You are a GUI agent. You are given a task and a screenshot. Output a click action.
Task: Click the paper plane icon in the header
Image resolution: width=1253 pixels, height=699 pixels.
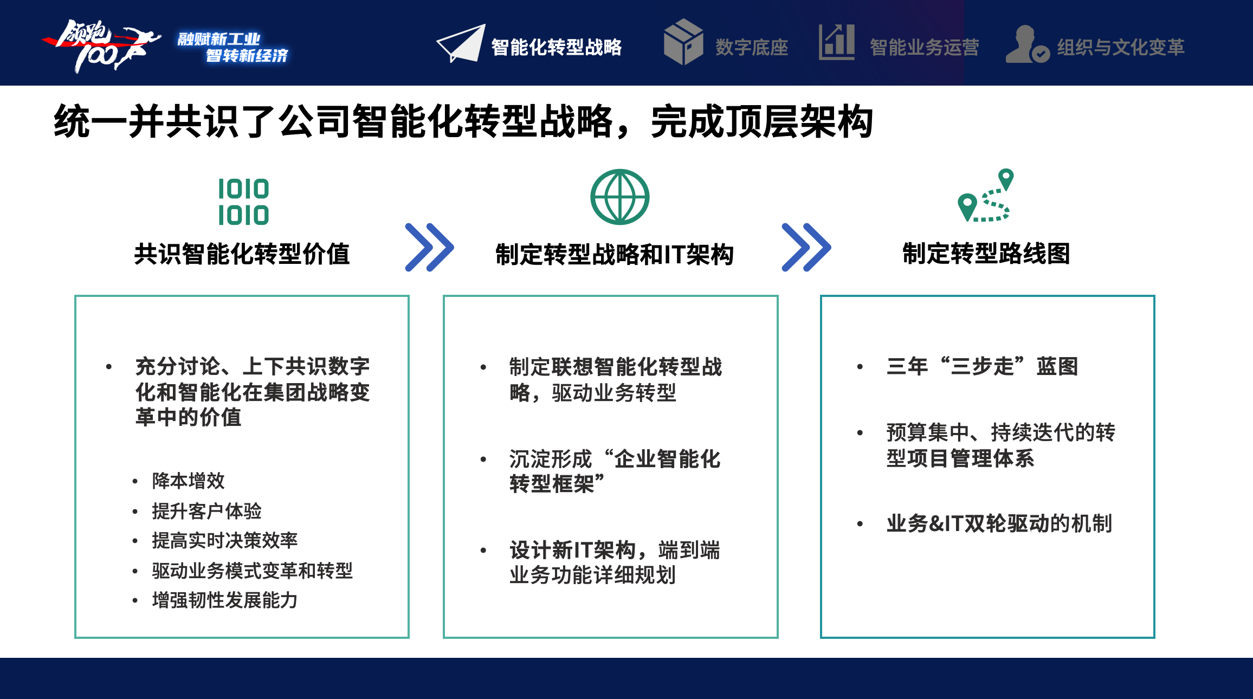click(x=461, y=43)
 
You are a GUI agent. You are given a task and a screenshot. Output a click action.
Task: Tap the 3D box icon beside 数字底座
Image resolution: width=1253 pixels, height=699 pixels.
click(x=683, y=42)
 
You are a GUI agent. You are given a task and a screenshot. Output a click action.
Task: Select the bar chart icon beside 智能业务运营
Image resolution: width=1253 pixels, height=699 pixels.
click(x=837, y=42)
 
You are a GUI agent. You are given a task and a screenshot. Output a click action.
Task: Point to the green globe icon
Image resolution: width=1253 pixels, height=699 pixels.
click(x=619, y=197)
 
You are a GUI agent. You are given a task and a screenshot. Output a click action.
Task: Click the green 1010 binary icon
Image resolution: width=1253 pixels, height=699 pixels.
click(x=243, y=202)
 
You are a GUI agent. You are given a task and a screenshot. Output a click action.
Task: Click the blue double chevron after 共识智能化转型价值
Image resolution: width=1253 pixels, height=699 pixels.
click(x=429, y=247)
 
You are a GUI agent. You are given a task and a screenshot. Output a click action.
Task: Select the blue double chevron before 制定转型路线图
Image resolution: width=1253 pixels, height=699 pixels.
click(x=806, y=247)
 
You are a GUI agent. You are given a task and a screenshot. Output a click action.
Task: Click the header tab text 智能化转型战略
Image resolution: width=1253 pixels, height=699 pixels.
click(x=557, y=47)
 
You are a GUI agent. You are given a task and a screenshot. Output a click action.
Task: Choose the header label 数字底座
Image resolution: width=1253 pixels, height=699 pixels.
click(x=752, y=47)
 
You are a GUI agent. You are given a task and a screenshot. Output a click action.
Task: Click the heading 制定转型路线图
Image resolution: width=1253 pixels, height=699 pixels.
click(x=986, y=254)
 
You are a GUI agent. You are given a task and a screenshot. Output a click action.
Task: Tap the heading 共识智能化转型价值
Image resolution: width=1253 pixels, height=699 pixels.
click(x=242, y=254)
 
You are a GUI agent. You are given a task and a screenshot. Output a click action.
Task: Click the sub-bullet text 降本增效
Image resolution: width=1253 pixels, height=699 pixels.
click(x=189, y=481)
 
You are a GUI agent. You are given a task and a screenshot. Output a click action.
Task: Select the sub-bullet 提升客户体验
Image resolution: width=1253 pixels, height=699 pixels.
click(x=207, y=510)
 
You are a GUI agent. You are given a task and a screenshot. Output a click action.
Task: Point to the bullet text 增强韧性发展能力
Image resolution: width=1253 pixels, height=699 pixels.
click(x=225, y=600)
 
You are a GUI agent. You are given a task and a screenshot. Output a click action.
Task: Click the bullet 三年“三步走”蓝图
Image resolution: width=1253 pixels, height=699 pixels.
click(x=983, y=366)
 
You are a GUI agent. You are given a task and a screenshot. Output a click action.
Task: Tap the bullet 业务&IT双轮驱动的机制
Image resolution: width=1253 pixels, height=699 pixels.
click(x=999, y=523)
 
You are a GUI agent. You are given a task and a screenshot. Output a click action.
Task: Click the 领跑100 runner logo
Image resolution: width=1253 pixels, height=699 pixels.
click(x=101, y=46)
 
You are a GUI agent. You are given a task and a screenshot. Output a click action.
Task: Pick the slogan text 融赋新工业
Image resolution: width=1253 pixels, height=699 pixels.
click(x=219, y=39)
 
